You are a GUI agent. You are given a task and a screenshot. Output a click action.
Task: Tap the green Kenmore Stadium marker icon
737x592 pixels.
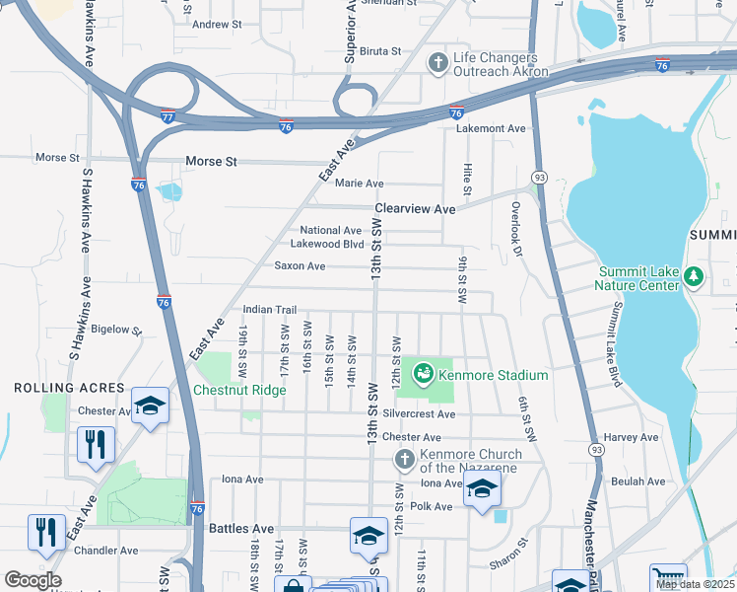(x=424, y=374)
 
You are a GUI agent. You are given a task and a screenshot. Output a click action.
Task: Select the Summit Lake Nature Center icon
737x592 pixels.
(x=695, y=275)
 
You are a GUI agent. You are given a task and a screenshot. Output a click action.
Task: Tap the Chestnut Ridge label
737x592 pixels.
(x=239, y=390)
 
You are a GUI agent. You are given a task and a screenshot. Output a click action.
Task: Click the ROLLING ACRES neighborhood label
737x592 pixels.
(x=70, y=388)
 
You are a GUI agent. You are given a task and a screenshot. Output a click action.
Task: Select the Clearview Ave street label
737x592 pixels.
(x=414, y=209)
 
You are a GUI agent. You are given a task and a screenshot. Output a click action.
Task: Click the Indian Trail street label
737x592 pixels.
(x=269, y=309)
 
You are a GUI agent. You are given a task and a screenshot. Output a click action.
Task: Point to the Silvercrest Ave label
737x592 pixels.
(x=420, y=414)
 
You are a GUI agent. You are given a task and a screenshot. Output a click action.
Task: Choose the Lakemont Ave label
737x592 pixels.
(x=491, y=128)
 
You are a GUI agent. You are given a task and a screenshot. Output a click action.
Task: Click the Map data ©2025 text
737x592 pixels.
(x=696, y=584)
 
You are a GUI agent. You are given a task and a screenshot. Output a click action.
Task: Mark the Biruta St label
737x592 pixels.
(x=380, y=50)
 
